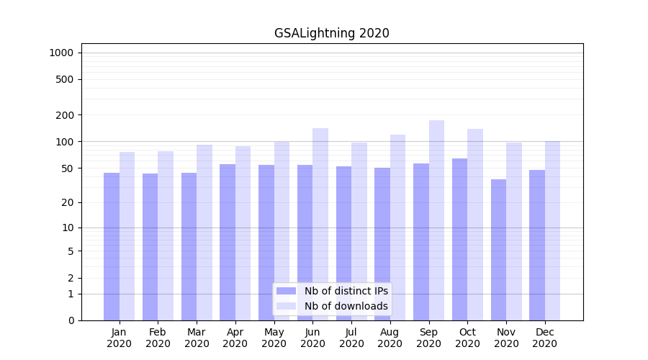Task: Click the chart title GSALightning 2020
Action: [x=331, y=33]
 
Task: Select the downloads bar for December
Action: [x=552, y=230]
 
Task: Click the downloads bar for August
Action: [x=397, y=228]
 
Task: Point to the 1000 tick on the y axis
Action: [x=61, y=53]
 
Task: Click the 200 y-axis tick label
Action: [x=65, y=115]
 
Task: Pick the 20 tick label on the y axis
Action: [x=68, y=202]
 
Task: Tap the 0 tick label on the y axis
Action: [x=71, y=320]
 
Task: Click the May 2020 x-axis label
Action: [x=274, y=338]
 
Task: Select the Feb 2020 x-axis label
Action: [x=158, y=338]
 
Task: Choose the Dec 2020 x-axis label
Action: [x=545, y=338]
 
